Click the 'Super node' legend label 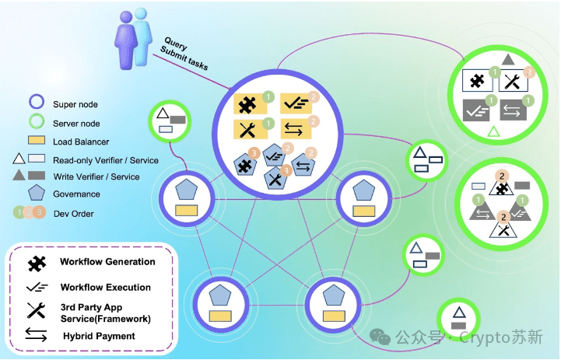(x=75, y=104)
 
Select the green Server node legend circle (x=37, y=121)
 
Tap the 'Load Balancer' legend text (x=81, y=142)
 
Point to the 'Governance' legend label (x=76, y=194)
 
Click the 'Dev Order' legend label (x=74, y=214)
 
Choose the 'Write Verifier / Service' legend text (x=96, y=177)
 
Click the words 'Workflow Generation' (x=107, y=262)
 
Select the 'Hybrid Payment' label (x=99, y=336)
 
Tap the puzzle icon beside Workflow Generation (x=37, y=264)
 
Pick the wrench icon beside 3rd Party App (x=36, y=310)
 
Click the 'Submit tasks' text (x=184, y=58)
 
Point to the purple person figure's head (x=126, y=17)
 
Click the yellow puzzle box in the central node (x=250, y=104)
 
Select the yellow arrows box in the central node (x=296, y=129)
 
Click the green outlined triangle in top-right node (x=494, y=133)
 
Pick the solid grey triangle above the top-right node (x=508, y=60)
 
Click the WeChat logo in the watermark (x=380, y=337)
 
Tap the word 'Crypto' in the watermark (x=484, y=337)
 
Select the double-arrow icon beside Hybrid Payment (x=36, y=335)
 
